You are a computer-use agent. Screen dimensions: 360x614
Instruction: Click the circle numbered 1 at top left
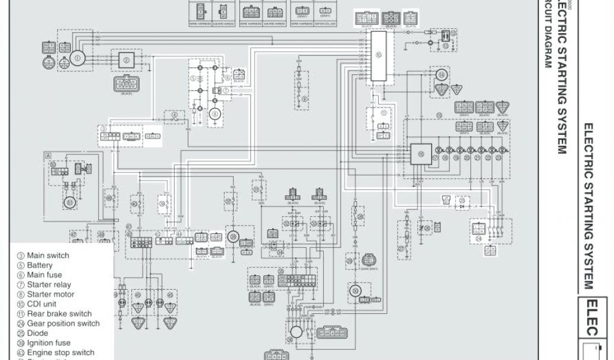77,58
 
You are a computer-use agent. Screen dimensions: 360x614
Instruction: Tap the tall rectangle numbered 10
378,56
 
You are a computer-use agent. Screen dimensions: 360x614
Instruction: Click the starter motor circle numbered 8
212,115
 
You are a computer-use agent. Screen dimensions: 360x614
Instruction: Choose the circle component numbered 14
442,76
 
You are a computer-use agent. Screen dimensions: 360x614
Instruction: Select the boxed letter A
47,155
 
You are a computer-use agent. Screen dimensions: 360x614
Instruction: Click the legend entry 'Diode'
38,333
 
